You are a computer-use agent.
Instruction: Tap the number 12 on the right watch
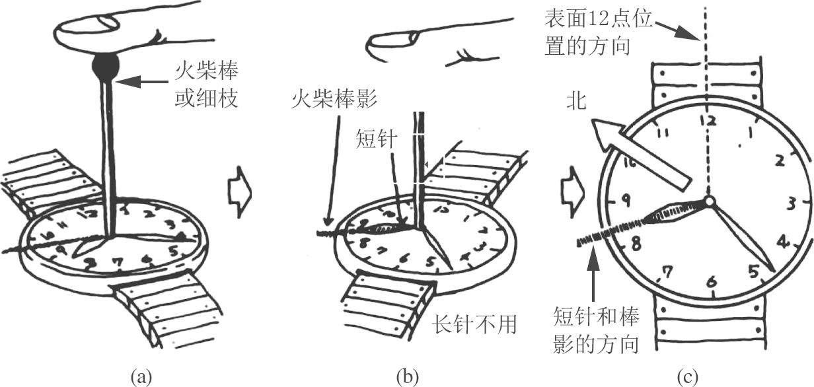pyautogui.click(x=708, y=121)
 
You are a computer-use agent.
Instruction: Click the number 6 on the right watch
pyautogui.click(x=711, y=283)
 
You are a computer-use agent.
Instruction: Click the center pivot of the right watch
pyautogui.click(x=709, y=200)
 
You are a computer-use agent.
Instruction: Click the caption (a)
pyautogui.click(x=143, y=376)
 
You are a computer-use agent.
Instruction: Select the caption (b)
pyautogui.click(x=407, y=376)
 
